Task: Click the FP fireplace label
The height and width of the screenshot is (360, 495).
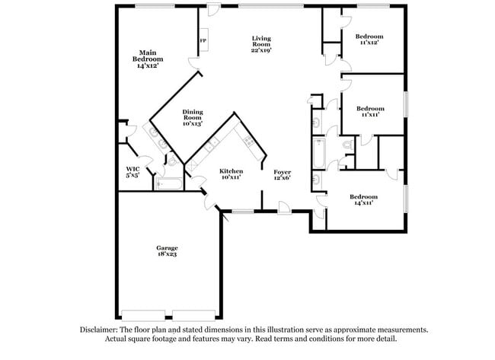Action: click(x=203, y=40)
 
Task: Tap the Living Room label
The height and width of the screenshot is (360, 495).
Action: click(x=262, y=43)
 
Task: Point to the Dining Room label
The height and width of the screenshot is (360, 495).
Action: click(x=192, y=117)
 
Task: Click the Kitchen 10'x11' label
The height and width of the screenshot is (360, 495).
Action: click(x=231, y=174)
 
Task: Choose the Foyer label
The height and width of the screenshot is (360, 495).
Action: click(x=283, y=175)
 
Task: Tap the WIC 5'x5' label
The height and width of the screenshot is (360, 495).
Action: click(x=133, y=172)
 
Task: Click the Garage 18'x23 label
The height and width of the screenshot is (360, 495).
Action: click(x=168, y=252)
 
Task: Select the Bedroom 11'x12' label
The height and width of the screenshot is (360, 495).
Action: click(x=369, y=40)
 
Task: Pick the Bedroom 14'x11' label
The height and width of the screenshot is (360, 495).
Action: click(x=363, y=200)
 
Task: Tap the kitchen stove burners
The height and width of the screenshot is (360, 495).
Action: click(x=247, y=139)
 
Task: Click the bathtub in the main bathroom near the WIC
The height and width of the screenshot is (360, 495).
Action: click(x=168, y=183)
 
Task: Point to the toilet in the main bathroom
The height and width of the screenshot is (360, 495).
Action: click(x=172, y=161)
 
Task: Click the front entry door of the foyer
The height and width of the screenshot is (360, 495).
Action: click(x=284, y=206)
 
